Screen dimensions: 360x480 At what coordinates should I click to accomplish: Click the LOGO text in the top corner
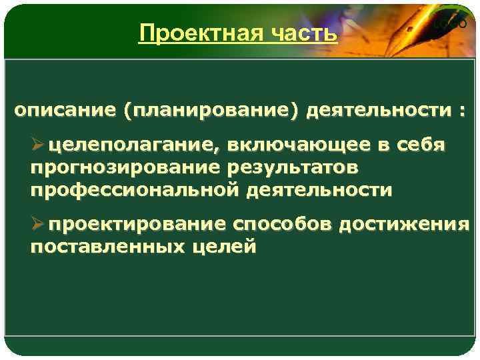448,23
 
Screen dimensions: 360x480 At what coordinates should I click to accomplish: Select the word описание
65,110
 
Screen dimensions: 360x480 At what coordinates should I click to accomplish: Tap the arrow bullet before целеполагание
37,145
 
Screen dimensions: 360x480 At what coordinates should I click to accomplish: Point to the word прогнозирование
119,167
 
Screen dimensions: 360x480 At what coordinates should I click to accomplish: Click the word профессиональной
135,190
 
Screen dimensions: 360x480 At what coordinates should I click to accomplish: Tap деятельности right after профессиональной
320,190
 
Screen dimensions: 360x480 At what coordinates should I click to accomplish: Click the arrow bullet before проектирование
37,225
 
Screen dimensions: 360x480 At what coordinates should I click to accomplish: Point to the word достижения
405,225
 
